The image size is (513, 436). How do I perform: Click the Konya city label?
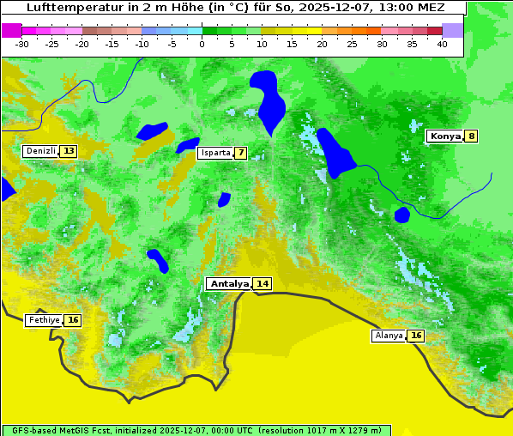click(x=445, y=136)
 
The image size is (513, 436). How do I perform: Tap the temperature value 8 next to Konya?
click(x=471, y=136)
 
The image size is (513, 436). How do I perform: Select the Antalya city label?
click(x=229, y=284)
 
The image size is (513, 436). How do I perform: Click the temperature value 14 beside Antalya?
click(x=262, y=284)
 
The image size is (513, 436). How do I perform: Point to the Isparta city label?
click(x=214, y=154)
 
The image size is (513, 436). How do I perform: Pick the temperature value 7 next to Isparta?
click(x=241, y=154)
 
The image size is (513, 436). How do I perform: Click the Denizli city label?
click(x=40, y=151)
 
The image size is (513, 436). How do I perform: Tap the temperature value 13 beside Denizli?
click(x=69, y=151)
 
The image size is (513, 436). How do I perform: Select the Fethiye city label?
click(x=44, y=320)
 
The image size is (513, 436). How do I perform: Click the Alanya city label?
click(x=389, y=336)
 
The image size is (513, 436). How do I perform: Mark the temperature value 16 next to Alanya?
click(x=416, y=336)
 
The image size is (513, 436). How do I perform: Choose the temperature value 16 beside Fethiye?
click(x=73, y=320)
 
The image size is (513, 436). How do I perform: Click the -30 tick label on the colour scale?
click(x=22, y=44)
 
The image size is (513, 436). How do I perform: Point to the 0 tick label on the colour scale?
click(x=202, y=44)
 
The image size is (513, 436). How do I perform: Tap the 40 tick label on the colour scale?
click(x=442, y=44)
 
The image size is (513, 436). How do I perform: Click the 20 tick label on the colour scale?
click(x=322, y=44)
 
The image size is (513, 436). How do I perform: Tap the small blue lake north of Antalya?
click(x=224, y=199)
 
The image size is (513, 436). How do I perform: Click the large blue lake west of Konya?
click(x=335, y=152)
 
